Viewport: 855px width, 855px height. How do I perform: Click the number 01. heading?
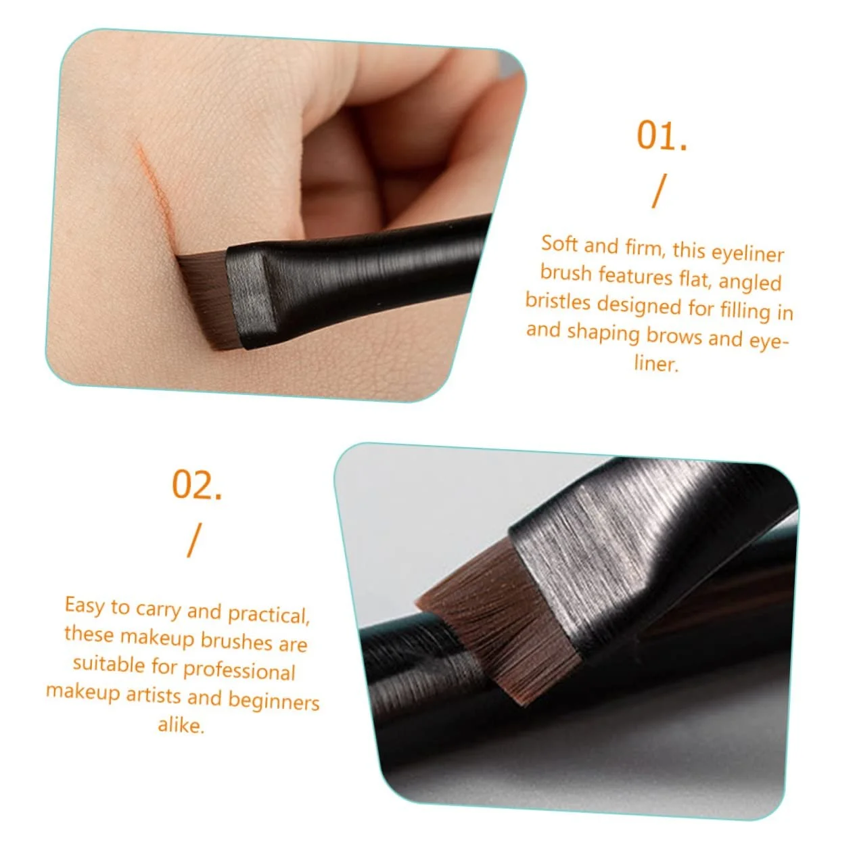tap(661, 135)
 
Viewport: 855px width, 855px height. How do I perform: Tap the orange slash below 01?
tap(659, 191)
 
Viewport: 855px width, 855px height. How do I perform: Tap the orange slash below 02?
tap(194, 540)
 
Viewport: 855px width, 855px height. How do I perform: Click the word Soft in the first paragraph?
tap(558, 244)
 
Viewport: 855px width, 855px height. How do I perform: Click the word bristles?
tap(558, 301)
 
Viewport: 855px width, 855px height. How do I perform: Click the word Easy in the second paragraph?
tap(85, 605)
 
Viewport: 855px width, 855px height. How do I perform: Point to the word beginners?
tap(274, 701)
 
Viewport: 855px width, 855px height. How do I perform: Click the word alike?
tap(181, 725)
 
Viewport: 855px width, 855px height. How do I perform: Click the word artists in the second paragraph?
tap(153, 695)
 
